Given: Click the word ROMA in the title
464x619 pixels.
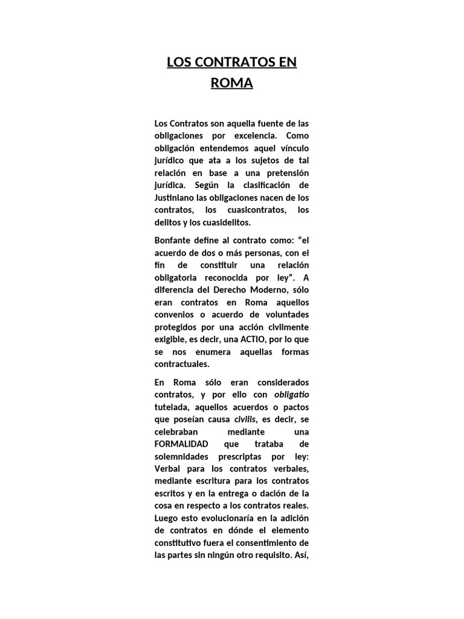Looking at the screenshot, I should coord(232,83).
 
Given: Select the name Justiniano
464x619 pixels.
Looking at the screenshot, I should coord(175,197).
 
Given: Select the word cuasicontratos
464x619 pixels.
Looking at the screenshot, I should coord(246,210).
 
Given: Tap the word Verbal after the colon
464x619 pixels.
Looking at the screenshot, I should coord(167,469).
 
